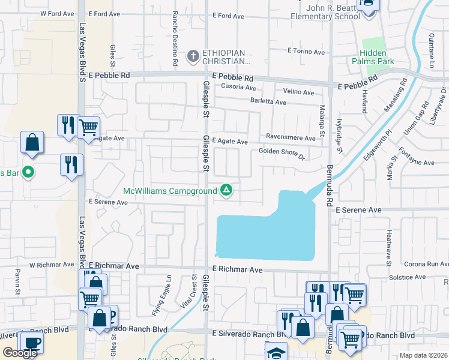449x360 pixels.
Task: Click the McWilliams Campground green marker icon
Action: click(x=226, y=190)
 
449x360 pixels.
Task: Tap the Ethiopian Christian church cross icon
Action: click(x=193, y=56)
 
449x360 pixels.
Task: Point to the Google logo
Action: click(x=20, y=353)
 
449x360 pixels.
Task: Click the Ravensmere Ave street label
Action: click(x=291, y=138)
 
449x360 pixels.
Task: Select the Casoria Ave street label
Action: click(x=238, y=87)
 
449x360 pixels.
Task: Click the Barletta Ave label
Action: click(x=268, y=103)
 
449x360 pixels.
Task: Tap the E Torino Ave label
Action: click(x=306, y=51)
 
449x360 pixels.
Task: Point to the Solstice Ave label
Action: click(x=406, y=277)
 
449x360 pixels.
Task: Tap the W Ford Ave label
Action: click(x=55, y=13)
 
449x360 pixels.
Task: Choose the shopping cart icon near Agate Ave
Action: click(x=88, y=127)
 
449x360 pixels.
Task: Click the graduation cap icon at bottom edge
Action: click(x=276, y=352)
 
